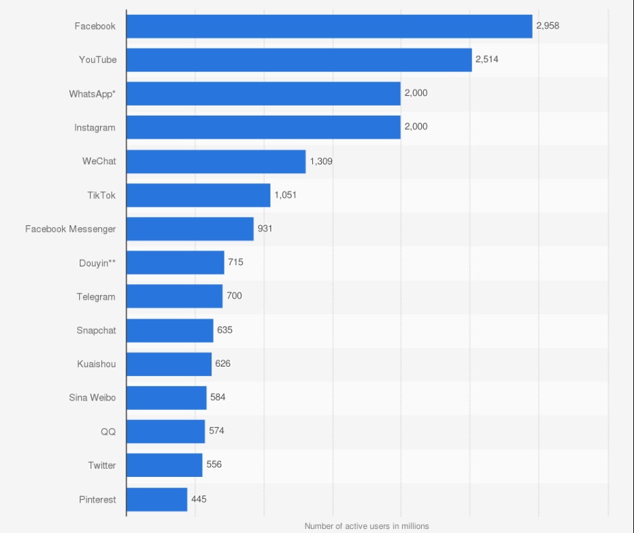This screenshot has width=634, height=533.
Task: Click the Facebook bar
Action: click(329, 26)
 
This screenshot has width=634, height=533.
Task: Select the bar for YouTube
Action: click(299, 60)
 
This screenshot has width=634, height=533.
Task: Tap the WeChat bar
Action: click(216, 162)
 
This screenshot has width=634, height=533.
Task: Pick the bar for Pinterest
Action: click(157, 499)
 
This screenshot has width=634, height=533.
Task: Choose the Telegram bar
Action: click(174, 296)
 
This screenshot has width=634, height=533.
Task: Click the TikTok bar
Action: click(198, 195)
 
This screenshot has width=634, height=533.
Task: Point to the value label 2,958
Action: click(547, 26)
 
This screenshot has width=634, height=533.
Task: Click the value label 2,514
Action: click(487, 60)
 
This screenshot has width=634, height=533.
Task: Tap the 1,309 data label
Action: click(321, 161)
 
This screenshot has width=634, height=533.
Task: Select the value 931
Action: click(265, 229)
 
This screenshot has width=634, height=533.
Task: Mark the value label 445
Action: click(199, 499)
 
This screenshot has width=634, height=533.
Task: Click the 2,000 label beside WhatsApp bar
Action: click(416, 93)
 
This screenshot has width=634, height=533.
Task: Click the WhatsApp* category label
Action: click(92, 94)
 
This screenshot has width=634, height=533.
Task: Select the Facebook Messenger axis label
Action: click(70, 229)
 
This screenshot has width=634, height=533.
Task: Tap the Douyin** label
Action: click(97, 263)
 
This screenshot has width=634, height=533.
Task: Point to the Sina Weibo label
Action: click(92, 398)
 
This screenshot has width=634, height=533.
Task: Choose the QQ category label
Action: click(108, 432)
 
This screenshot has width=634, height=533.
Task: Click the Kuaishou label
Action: click(96, 364)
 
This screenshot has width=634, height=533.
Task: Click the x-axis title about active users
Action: click(366, 526)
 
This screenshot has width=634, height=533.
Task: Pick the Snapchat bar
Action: click(170, 330)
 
